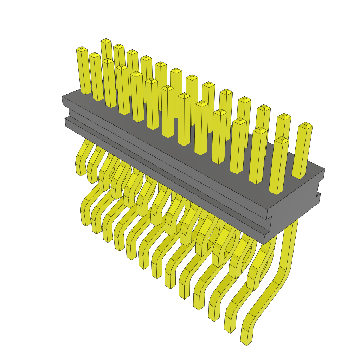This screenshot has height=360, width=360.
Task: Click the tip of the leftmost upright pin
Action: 82,49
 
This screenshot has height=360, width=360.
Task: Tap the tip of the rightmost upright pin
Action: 306,125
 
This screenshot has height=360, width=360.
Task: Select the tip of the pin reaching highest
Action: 106,41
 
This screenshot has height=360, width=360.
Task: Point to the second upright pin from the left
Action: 96,76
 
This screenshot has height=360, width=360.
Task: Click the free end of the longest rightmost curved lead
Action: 246,341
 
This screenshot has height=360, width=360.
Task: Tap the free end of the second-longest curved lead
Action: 230,328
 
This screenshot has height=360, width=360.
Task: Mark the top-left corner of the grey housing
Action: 63,96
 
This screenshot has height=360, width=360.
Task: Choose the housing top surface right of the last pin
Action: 315,172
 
